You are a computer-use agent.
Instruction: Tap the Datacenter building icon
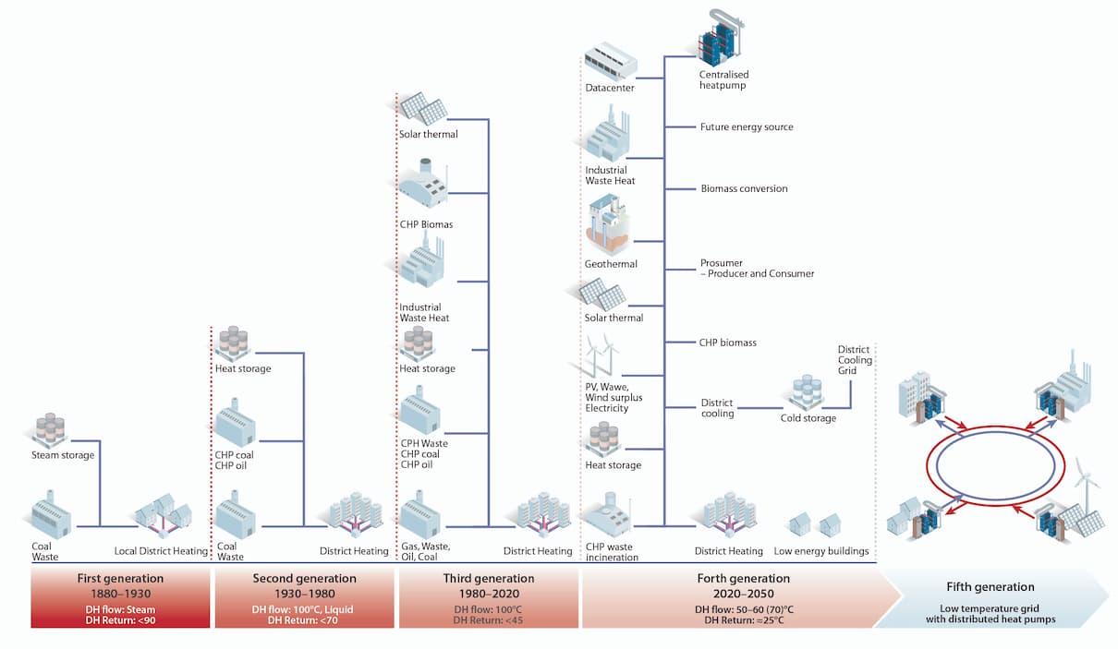pyautogui.click(x=611, y=61)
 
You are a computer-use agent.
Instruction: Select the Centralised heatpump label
pyautogui.click(x=723, y=79)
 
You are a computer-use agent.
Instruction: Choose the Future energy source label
pyautogui.click(x=747, y=126)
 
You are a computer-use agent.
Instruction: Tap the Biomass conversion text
pyautogui.click(x=744, y=188)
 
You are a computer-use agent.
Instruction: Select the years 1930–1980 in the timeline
pyautogui.click(x=304, y=594)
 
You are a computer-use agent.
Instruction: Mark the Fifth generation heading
pyautogui.click(x=990, y=586)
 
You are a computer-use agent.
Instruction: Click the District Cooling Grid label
pyautogui.click(x=855, y=360)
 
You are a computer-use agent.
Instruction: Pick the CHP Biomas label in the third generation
pyautogui.click(x=426, y=224)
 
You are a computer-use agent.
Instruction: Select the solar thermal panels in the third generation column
pyautogui.click(x=422, y=109)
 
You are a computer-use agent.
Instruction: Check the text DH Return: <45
pyautogui.click(x=488, y=620)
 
